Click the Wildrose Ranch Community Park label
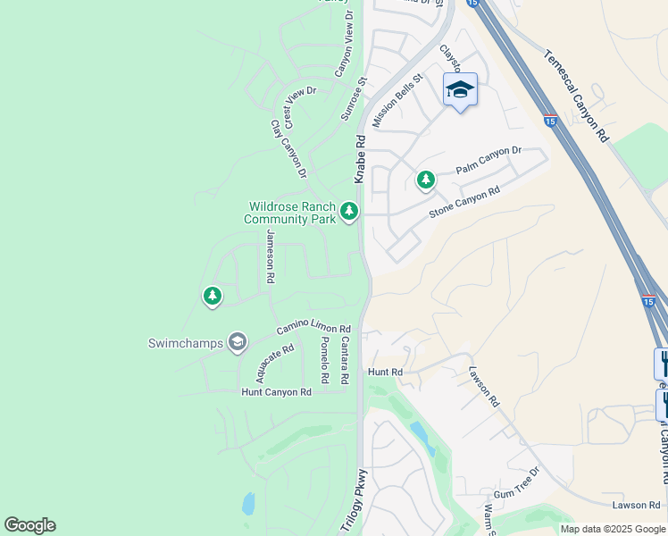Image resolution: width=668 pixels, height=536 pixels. (x=291, y=213)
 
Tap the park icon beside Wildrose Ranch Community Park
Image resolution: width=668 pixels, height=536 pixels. (x=349, y=212)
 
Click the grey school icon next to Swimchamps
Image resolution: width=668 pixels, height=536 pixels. (x=237, y=342)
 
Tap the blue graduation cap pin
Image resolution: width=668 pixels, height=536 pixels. (x=460, y=89)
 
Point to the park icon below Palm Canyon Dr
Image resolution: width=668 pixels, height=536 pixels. (x=426, y=180)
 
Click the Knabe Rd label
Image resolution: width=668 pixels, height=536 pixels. (x=361, y=160)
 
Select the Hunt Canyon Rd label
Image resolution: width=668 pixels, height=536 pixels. (x=276, y=392)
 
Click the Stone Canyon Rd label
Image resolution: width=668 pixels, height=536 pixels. (x=464, y=203)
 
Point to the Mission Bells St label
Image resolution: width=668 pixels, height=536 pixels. (x=396, y=102)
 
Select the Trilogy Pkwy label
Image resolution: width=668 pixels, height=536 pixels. (x=354, y=500)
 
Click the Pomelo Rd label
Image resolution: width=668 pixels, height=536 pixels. (x=325, y=355)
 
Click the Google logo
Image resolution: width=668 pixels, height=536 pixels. (x=29, y=525)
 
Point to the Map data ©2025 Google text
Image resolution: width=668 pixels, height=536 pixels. (x=612, y=529)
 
